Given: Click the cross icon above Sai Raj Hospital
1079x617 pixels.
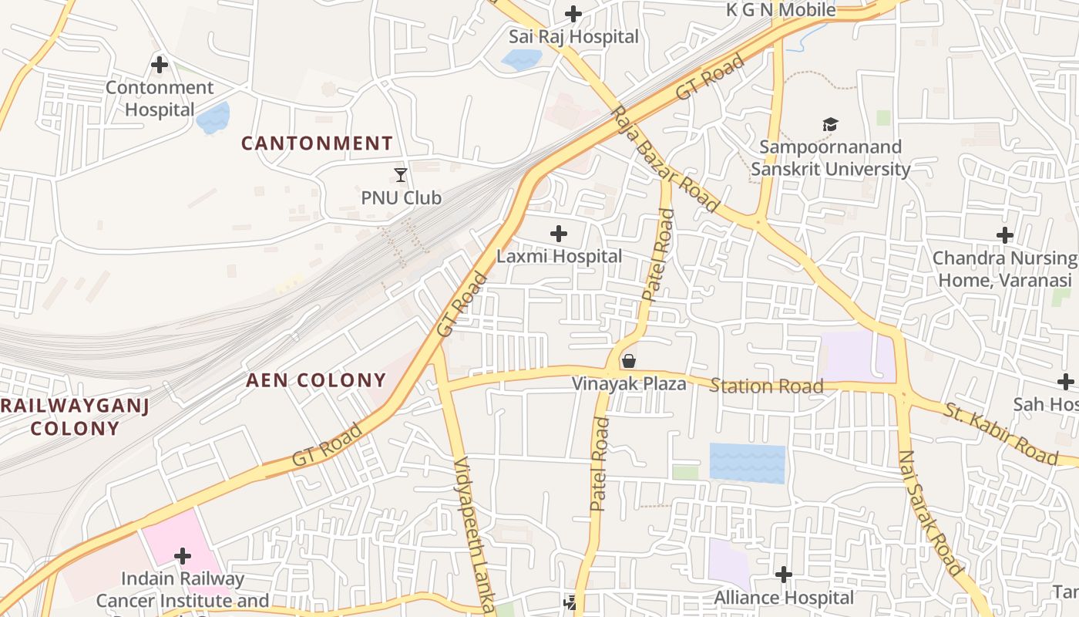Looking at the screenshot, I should [x=573, y=14].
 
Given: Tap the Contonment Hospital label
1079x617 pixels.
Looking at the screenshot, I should [x=160, y=99].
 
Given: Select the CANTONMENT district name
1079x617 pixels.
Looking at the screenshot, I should [x=317, y=143].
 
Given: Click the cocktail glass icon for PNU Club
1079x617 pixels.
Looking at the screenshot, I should [x=401, y=175].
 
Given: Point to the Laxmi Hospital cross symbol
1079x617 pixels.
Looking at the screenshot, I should [x=559, y=234].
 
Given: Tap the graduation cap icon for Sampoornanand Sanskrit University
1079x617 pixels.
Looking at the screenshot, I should [x=830, y=124].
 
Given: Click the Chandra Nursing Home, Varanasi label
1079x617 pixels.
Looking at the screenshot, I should [x=1005, y=268].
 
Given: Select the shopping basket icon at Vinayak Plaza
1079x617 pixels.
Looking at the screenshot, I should [x=629, y=361].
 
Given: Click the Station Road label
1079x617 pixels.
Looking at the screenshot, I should [x=766, y=386].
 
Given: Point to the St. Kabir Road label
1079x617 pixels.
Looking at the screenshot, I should [x=1002, y=434].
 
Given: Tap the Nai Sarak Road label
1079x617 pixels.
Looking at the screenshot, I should [x=931, y=513].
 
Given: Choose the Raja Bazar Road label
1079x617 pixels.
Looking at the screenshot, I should [x=665, y=160].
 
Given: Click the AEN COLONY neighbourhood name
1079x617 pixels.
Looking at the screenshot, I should [x=316, y=380].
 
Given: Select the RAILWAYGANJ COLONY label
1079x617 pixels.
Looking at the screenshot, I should [x=75, y=417].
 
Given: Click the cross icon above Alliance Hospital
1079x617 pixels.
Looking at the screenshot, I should [x=784, y=575].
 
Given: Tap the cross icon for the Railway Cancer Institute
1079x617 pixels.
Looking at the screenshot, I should [x=183, y=555].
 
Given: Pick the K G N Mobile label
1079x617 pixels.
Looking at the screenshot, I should [x=781, y=10].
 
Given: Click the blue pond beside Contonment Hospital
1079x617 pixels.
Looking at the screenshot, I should [x=213, y=118].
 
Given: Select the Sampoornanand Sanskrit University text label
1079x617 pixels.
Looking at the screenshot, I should [x=830, y=158].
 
